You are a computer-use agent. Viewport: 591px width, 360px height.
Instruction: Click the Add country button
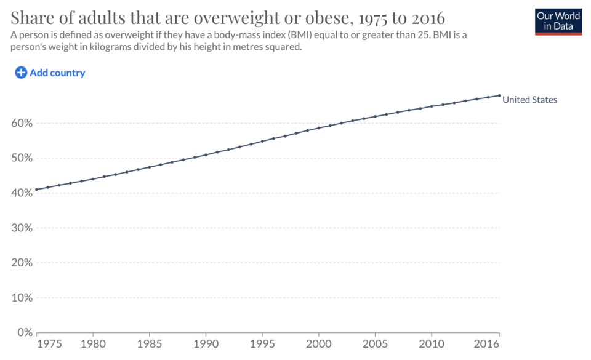click(50, 73)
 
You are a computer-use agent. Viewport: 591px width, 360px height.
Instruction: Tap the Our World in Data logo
click(558, 21)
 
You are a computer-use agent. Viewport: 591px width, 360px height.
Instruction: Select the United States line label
click(529, 100)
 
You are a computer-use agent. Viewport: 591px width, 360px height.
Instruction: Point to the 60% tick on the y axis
click(22, 123)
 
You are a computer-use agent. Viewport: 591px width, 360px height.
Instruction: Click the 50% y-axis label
click(22, 158)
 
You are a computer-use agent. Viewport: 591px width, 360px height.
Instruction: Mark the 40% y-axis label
click(22, 193)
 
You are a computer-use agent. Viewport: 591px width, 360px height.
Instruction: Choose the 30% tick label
click(22, 228)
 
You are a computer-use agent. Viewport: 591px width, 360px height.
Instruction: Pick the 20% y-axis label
click(22, 263)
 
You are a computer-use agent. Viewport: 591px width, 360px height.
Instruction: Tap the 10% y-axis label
click(22, 297)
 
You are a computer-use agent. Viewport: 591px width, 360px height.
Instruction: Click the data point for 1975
click(37, 190)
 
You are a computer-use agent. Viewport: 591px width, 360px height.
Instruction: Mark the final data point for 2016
click(499, 95)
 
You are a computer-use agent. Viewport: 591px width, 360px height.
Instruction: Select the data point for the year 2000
click(319, 128)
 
